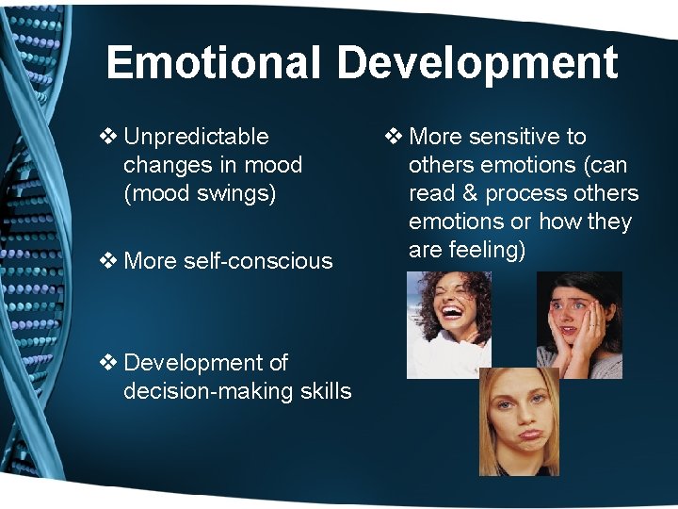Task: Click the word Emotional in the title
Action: click(214, 62)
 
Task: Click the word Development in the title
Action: click(476, 62)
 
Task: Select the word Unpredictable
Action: click(196, 137)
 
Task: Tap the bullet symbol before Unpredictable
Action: click(108, 137)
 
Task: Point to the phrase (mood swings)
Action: click(200, 193)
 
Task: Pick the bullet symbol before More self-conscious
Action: click(108, 261)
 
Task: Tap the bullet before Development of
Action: click(108, 363)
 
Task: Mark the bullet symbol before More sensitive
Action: click(394, 137)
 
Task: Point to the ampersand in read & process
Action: click(472, 193)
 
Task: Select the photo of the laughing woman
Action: click(447, 324)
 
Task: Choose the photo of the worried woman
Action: click(579, 324)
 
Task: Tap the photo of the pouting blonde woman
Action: click(519, 420)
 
